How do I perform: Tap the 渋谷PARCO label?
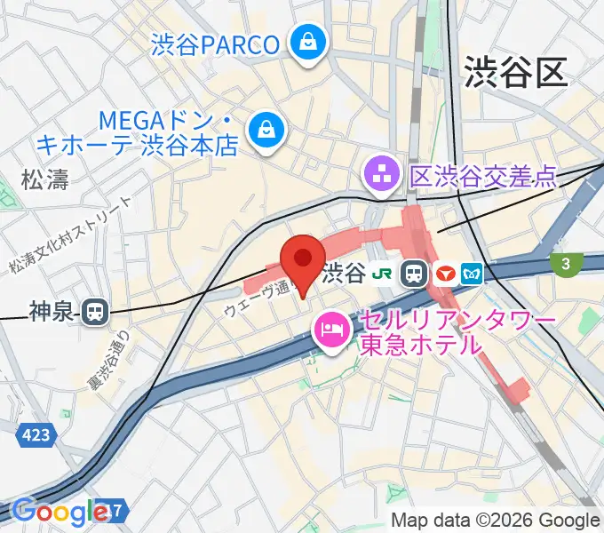(216, 43)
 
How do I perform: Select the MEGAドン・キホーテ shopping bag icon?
(265, 130)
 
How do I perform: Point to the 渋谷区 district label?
(515, 72)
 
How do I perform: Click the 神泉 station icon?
(93, 311)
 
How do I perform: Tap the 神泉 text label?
(53, 311)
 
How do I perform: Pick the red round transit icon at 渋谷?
(444, 274)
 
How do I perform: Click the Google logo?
(60, 513)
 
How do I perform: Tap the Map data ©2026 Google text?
(496, 521)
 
